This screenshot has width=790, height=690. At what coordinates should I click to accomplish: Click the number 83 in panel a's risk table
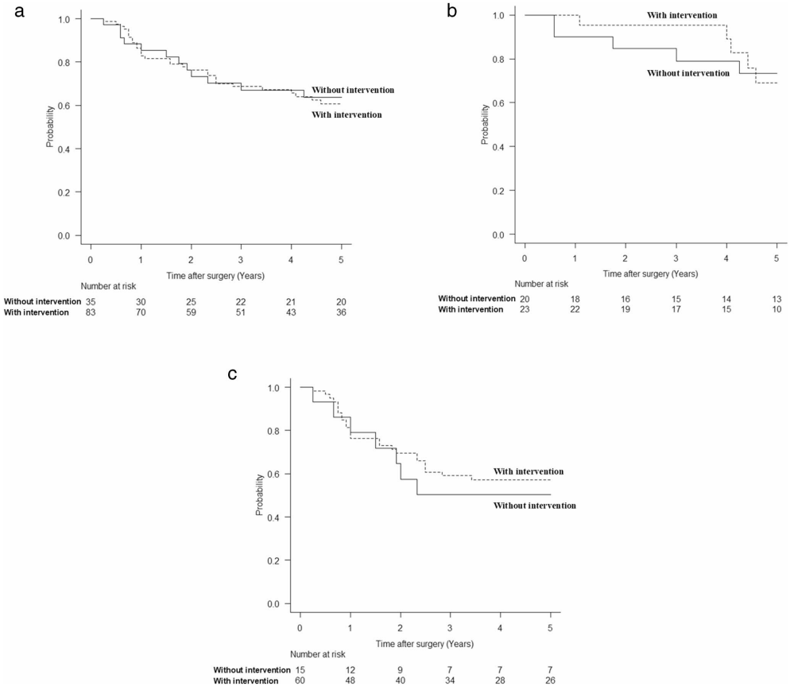tap(91, 313)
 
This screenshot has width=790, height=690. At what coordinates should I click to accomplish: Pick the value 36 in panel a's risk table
tap(341, 313)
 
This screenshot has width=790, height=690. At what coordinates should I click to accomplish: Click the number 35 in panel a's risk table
tap(91, 301)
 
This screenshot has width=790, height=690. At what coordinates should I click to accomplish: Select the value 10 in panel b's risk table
tap(776, 309)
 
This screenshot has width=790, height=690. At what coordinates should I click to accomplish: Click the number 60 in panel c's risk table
tap(300, 681)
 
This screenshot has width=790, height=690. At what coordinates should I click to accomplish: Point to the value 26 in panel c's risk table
tap(550, 681)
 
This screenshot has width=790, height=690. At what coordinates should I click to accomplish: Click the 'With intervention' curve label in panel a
tap(347, 114)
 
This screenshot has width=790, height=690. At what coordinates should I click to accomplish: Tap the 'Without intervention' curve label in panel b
tap(688, 72)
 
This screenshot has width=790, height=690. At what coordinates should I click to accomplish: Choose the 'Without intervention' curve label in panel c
tap(534, 506)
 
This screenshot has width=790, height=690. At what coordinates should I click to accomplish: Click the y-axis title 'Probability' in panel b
tap(485, 126)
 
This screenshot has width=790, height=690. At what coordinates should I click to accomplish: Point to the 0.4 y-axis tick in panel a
tap(68, 149)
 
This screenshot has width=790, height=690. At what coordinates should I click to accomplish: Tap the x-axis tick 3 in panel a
tap(241, 259)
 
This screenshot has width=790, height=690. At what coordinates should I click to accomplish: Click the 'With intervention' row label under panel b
tap(471, 309)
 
